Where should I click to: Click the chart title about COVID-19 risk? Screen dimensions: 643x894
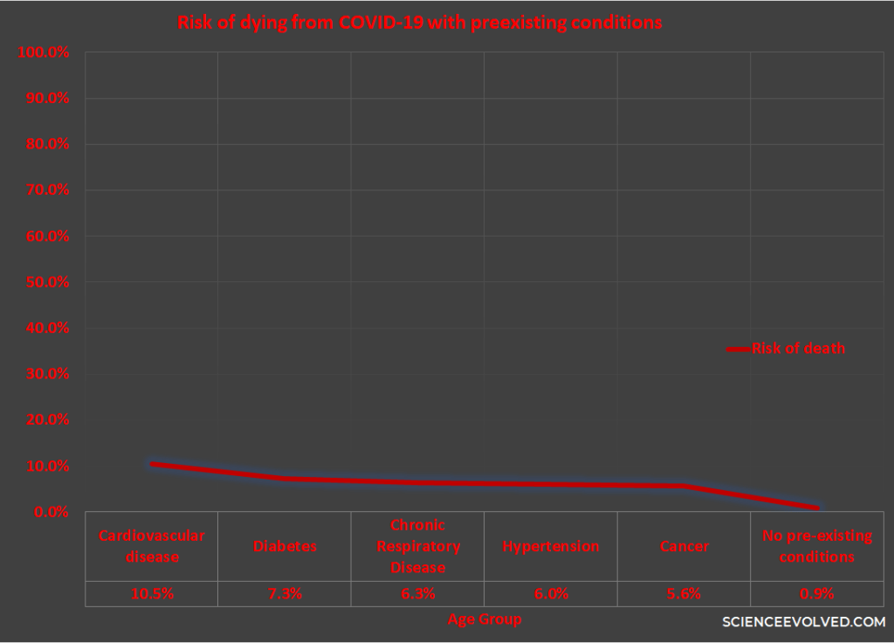[419, 24]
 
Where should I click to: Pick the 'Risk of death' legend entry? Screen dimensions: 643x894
[797, 349]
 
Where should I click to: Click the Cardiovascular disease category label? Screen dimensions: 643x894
[151, 546]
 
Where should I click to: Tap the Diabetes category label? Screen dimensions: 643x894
[285, 546]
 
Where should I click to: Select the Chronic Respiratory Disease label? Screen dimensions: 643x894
[417, 546]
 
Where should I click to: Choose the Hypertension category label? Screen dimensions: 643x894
[551, 546]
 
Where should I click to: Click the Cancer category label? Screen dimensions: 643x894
[684, 546]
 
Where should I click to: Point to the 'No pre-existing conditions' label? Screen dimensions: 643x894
[817, 546]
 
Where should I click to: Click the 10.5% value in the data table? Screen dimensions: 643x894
[153, 593]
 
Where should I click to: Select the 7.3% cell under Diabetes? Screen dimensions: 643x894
[285, 593]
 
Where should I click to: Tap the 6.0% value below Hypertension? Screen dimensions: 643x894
[551, 593]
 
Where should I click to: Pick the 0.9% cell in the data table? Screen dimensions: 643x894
[817, 593]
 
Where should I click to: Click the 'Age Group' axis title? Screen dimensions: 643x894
[485, 619]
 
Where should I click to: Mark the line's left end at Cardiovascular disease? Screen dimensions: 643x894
[152, 464]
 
